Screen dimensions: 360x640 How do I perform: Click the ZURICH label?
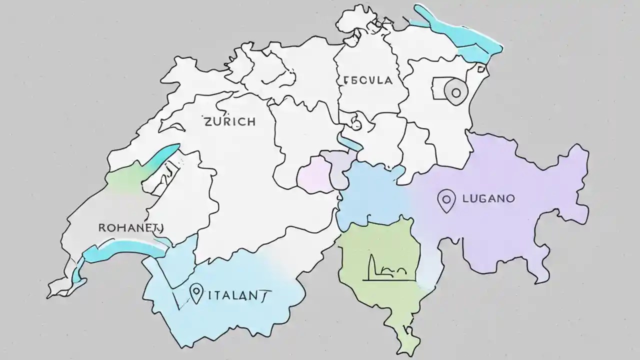[229, 121]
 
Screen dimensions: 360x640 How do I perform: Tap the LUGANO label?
[488, 198]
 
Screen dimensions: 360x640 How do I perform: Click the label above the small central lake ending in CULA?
[368, 80]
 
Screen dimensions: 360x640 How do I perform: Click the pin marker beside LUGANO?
[446, 200]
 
